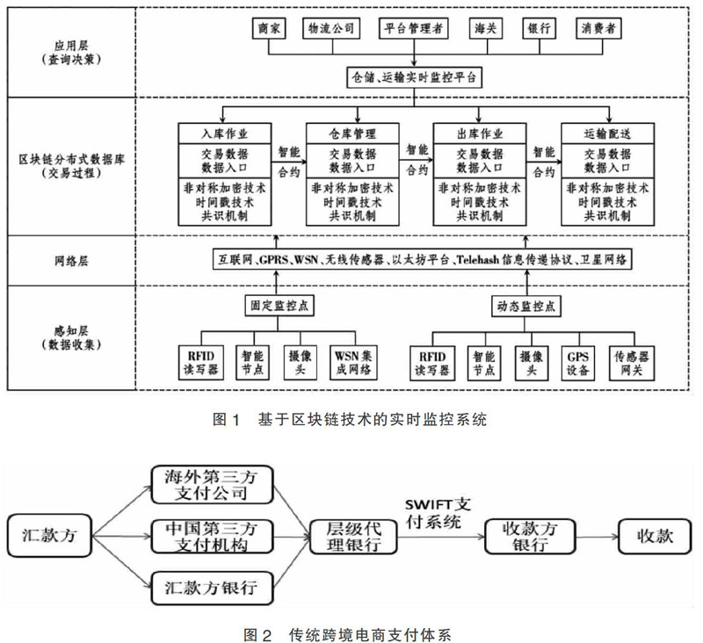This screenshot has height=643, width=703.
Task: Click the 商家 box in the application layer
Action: point(269,28)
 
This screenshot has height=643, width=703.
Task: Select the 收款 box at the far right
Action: point(652,534)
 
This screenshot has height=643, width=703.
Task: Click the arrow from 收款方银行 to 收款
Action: point(594,534)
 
